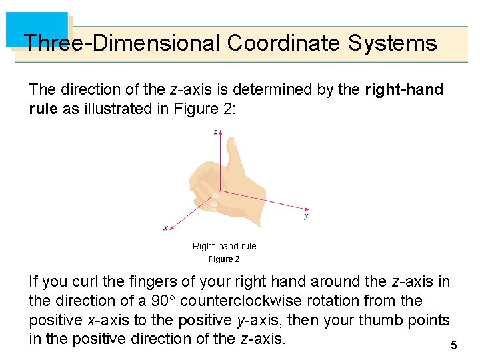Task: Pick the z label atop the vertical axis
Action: (215, 132)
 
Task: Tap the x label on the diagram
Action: (165, 228)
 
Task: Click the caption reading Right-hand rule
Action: (224, 246)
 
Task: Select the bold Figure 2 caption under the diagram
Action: (223, 259)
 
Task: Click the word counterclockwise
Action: (253, 301)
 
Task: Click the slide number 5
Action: (454, 345)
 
